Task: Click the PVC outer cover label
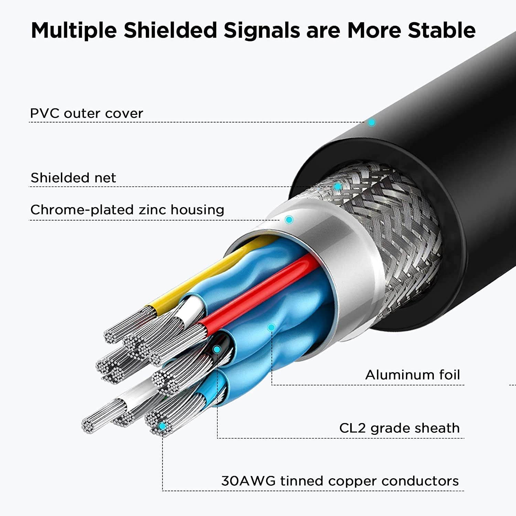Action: [86, 113]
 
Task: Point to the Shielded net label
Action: [73, 178]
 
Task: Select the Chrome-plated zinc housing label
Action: [127, 209]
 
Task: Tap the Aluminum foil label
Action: [412, 375]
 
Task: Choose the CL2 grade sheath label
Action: [399, 428]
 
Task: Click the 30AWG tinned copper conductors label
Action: [340, 481]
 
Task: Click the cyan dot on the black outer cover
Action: [372, 122]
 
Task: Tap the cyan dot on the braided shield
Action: [338, 186]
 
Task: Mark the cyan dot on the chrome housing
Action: [289, 219]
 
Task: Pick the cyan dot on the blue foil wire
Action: [271, 327]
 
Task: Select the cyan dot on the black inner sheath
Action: [217, 350]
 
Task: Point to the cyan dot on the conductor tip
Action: [162, 427]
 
